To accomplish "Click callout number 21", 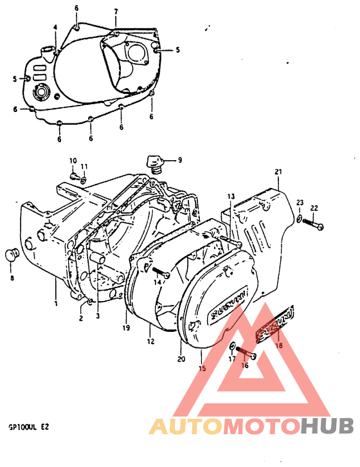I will click(x=278, y=172).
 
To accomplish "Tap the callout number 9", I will click(x=180, y=160).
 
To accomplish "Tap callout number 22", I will click(x=314, y=207).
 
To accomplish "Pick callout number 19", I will click(x=127, y=327).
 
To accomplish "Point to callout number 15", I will click(x=202, y=369).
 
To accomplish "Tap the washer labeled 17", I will click(x=231, y=349).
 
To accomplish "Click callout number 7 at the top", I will click(x=116, y=12).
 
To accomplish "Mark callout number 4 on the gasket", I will click(x=55, y=27).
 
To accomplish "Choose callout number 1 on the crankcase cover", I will click(x=56, y=303).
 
